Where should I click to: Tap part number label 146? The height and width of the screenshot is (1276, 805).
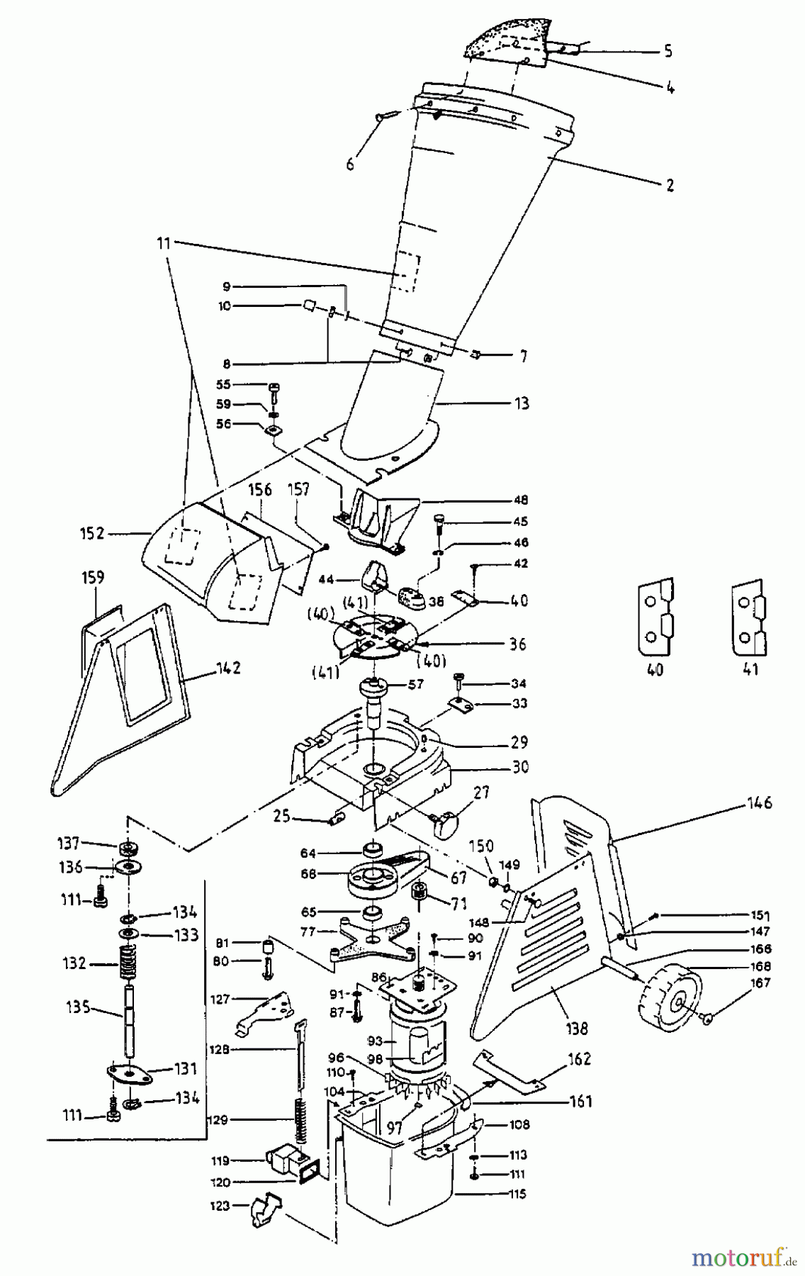[x=758, y=803]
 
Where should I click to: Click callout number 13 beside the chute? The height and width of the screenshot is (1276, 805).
[x=522, y=404]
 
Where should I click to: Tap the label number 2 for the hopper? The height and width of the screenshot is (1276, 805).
[x=669, y=186]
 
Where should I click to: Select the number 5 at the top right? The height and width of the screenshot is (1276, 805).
[x=668, y=52]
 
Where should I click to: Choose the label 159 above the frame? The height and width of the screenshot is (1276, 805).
[x=93, y=578]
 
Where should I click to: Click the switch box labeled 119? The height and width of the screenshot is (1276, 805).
[x=286, y=1161]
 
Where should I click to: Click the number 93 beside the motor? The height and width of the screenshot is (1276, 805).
[x=375, y=1042]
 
